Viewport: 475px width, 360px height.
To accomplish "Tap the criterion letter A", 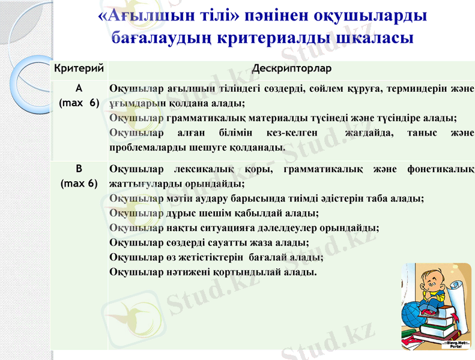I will (x=79, y=88).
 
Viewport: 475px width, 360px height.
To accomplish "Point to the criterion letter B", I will (x=79, y=169).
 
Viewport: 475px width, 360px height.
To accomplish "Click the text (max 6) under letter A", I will (x=79, y=103).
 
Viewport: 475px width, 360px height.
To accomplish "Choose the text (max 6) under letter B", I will (x=79, y=183).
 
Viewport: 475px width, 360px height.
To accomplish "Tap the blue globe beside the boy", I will (x=415, y=314).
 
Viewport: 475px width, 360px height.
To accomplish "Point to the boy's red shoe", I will (x=428, y=313).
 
